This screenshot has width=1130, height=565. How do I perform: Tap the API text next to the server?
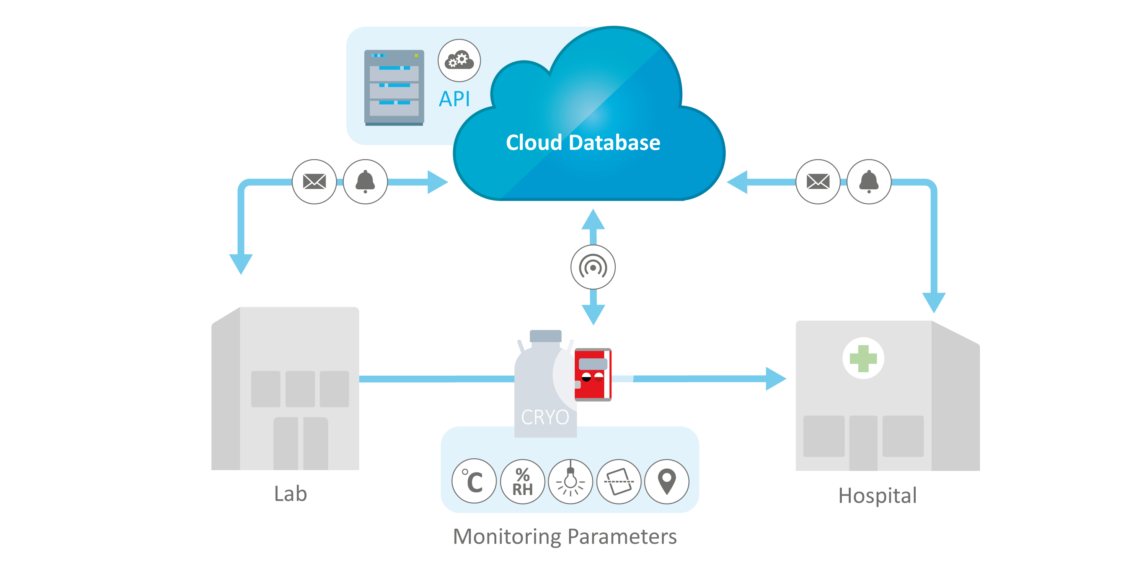pos(455,99)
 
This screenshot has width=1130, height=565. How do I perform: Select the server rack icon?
pos(394,87)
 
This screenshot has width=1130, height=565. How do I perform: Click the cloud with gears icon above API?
pos(459,60)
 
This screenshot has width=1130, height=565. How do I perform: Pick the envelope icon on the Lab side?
pos(314,181)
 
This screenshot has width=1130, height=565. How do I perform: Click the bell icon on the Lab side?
pos(365,181)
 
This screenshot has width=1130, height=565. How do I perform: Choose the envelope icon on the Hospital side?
pos(818,181)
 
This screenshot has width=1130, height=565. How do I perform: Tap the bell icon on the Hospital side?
pos(869,181)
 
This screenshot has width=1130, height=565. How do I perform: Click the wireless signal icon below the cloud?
pos(593,267)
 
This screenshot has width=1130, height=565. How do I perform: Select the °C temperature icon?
pos(474,481)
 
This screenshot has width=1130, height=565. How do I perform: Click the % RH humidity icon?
pos(522,481)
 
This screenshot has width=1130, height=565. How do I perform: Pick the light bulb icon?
pos(570,481)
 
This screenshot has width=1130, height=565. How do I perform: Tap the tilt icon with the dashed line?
pos(618,481)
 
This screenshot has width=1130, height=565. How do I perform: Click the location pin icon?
pos(667,481)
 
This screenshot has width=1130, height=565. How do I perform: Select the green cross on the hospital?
pos(863,358)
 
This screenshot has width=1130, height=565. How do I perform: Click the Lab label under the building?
pos(290,494)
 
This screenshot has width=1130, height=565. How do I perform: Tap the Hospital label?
pos(877,496)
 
